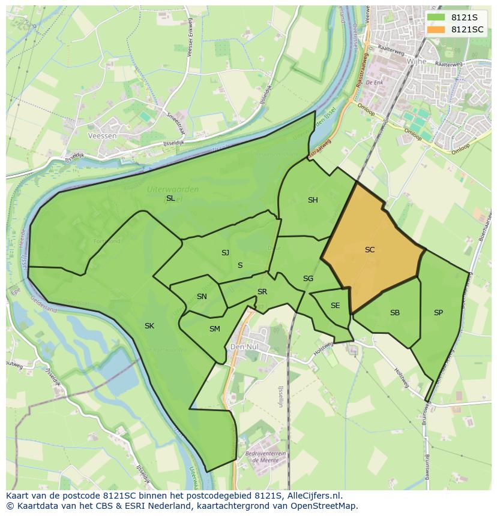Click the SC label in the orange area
[370, 249]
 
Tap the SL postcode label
[170, 198]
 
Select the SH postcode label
[313, 200]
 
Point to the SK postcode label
[149, 326]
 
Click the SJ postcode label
[225, 253]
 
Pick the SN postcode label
[202, 297]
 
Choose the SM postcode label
[215, 329]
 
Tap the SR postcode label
[262, 292]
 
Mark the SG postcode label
[308, 279]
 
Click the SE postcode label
[335, 306]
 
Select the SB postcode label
[395, 313]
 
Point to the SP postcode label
[438, 313]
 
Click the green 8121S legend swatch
[436, 17]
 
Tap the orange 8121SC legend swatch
[436, 29]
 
